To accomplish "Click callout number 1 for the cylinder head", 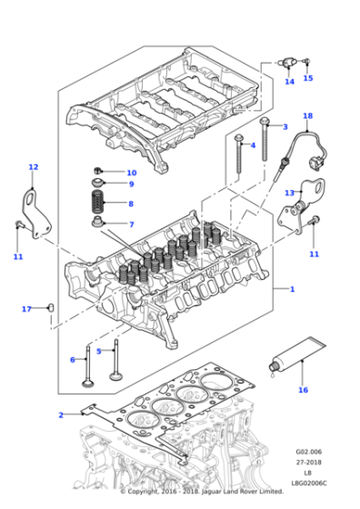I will coord(292,289).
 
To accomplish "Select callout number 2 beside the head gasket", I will coord(61,415).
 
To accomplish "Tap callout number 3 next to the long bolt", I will coord(285,126).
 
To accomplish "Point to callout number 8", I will coord(130,205).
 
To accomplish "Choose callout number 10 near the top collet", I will coord(131,173).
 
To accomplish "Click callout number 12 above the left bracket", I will coord(34,167).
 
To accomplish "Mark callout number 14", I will coord(289,82).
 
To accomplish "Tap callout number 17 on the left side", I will coord(27,309).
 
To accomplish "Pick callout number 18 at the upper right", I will coord(307,116).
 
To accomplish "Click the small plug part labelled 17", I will coord(51,308).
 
